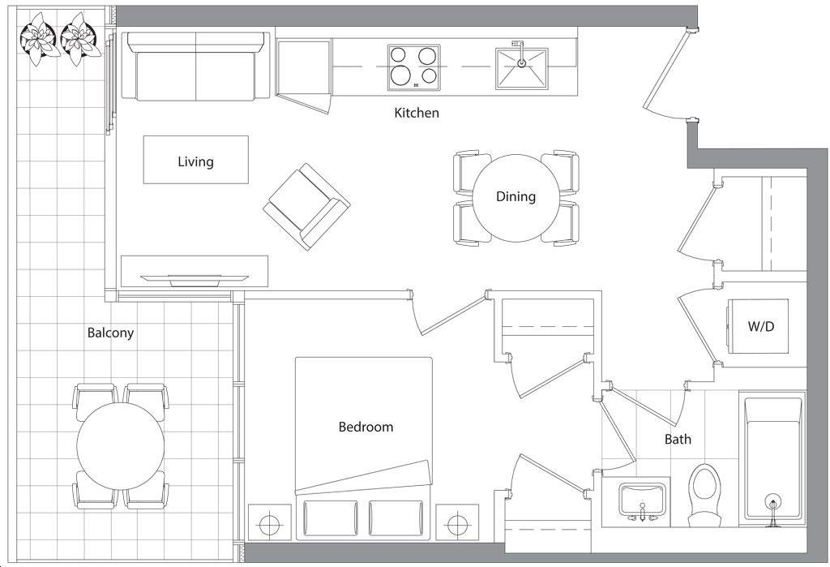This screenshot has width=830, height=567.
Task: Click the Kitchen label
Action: pos(417,113)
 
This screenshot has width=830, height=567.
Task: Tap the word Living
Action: pos(195,161)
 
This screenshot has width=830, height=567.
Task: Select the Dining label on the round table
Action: pos(516,196)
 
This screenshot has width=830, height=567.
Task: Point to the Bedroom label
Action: pos(366,427)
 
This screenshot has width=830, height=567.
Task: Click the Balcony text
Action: pos(110,333)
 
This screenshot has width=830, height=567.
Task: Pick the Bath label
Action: pos(678,439)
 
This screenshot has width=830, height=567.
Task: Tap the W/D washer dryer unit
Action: pos(758,326)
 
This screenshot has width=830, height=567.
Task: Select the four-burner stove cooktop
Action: pos(414,67)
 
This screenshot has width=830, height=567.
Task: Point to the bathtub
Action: pos(774,458)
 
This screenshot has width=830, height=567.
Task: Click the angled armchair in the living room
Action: pos(306,207)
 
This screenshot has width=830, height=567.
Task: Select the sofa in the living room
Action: pos(196,66)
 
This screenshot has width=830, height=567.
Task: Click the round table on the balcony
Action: pos(121,445)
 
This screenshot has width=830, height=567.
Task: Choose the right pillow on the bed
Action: pos(396,518)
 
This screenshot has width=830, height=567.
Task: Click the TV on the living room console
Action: pos(194,280)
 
